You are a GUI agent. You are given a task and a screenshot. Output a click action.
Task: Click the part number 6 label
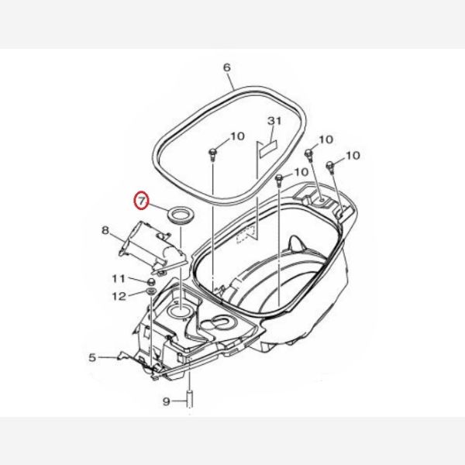click(x=226, y=67)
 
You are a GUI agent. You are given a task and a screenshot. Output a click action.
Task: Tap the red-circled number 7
click(x=141, y=201)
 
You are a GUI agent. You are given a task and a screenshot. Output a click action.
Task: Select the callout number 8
click(x=105, y=230)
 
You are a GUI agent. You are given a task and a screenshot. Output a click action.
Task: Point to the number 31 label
click(x=274, y=121)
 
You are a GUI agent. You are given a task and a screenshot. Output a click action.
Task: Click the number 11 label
click(x=119, y=278)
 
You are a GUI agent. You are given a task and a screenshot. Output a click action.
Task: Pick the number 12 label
click(x=119, y=296)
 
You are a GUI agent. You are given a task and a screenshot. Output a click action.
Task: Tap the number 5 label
click(x=92, y=357)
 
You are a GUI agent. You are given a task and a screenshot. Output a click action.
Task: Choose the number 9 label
click(x=167, y=401)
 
